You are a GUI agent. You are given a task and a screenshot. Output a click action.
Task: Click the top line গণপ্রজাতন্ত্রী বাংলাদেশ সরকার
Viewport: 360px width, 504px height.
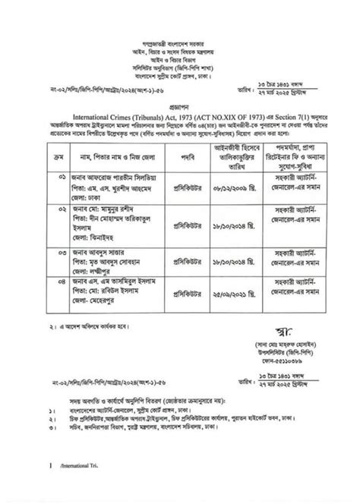[x=180, y=14]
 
